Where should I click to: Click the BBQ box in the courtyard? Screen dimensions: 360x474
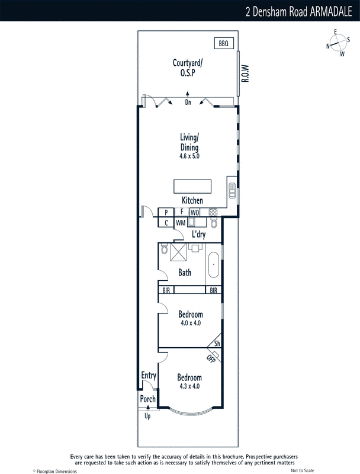(x=224, y=43)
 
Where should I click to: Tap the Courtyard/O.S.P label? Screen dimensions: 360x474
(x=188, y=68)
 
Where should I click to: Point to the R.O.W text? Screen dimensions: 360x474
(x=245, y=73)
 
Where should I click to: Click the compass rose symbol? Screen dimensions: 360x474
(x=338, y=43)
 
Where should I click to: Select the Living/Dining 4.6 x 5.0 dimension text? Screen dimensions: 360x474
(x=189, y=156)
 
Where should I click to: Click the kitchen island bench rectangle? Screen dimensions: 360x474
(x=192, y=186)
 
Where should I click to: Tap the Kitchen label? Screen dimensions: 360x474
(x=192, y=200)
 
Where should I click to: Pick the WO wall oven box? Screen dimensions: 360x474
(x=195, y=213)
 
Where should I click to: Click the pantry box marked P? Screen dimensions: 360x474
(x=166, y=213)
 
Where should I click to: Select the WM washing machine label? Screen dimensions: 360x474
(x=181, y=223)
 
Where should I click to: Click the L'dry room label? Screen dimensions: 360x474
(x=199, y=234)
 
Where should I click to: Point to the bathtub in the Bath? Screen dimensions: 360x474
(x=214, y=264)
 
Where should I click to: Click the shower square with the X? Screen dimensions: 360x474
(x=178, y=252)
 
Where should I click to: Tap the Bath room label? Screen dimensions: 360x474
(x=185, y=273)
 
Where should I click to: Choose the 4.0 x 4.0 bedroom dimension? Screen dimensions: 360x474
(x=191, y=323)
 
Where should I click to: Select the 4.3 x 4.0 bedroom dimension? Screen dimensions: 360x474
(x=189, y=386)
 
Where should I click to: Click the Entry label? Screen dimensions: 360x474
(x=149, y=376)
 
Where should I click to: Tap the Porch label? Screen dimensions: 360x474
(x=147, y=399)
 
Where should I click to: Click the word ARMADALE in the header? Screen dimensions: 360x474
(x=331, y=11)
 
